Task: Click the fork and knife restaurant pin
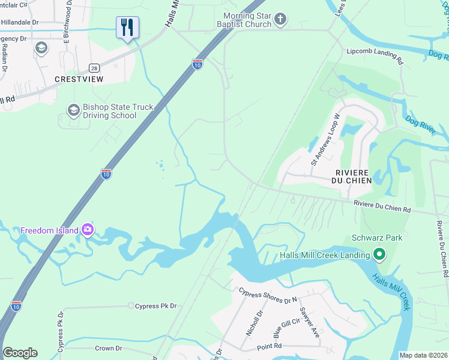point(127,28)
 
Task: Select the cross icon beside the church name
point(280,20)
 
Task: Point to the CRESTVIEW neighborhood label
point(79,79)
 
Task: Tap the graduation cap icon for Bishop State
point(73,110)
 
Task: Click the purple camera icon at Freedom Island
point(88,230)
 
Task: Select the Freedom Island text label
point(49,230)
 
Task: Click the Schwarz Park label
point(377,238)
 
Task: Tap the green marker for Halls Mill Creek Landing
point(379,256)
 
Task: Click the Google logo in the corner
point(20,353)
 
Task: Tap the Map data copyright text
point(423,355)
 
